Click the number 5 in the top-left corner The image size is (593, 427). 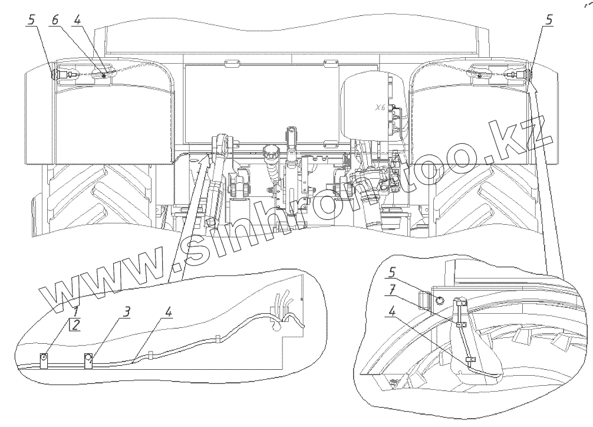click(x=31, y=19)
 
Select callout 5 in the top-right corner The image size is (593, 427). click(x=549, y=19)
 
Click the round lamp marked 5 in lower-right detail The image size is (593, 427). click(x=440, y=300)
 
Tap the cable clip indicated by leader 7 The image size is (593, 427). click(x=459, y=323)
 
